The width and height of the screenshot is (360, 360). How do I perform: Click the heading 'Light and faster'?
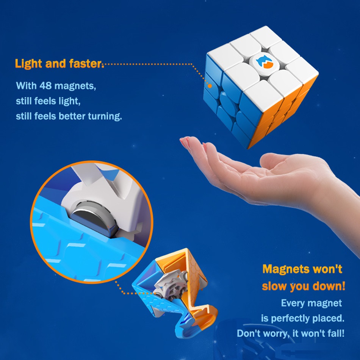tap(58, 64)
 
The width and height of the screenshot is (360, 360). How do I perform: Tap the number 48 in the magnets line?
tap(45, 86)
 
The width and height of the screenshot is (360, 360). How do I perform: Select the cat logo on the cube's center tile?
tap(264, 62)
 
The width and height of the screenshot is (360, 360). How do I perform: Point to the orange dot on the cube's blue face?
tap(210, 86)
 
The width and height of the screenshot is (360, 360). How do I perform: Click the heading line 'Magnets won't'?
tap(302, 269)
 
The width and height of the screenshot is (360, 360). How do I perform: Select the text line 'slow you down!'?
tap(304, 286)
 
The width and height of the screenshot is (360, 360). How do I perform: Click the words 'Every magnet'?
tap(311, 303)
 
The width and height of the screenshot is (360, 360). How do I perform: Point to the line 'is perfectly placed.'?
tap(303, 318)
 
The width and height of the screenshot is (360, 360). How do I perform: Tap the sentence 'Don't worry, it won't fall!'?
tap(291, 333)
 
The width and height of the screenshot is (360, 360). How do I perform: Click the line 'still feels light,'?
tap(48, 101)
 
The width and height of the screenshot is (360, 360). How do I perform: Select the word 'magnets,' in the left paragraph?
tap(75, 86)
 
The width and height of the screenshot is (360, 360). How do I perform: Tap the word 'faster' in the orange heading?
tap(85, 64)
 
